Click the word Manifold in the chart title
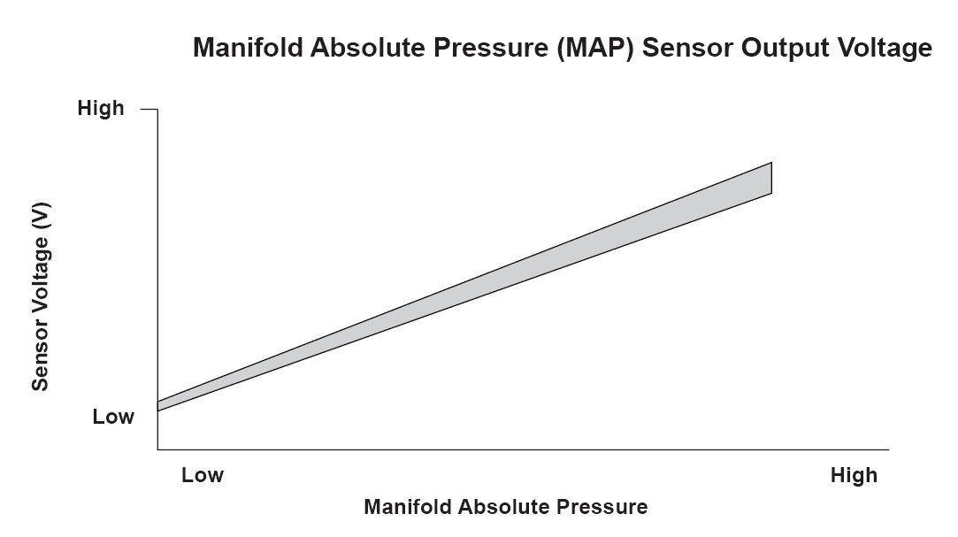(248, 47)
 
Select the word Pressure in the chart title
(491, 47)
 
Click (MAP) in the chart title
(595, 48)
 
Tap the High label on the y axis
(101, 108)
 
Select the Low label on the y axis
(113, 417)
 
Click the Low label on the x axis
(203, 475)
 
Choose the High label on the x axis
(854, 475)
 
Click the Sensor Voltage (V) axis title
(41, 297)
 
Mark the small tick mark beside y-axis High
(149, 110)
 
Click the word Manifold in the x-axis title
(407, 506)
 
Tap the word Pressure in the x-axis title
(603, 506)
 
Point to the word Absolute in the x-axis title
(504, 506)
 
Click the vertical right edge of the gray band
(771, 178)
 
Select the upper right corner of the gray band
(771, 163)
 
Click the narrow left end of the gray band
(158, 406)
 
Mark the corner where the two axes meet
(157, 449)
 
